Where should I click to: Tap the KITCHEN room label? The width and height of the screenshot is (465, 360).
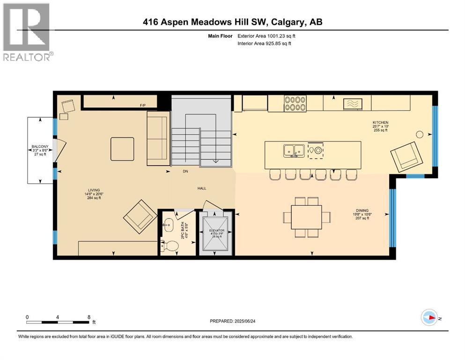[x=380, y=122]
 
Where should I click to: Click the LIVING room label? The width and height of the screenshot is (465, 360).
[x=94, y=190]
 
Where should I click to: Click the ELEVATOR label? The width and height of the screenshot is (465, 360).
[x=216, y=231]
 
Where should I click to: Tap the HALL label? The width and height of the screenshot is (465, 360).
[x=202, y=188]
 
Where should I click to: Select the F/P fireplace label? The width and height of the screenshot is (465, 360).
[x=143, y=106]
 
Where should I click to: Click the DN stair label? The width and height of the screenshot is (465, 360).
[x=185, y=172]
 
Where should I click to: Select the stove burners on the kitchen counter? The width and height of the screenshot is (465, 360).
[x=295, y=103]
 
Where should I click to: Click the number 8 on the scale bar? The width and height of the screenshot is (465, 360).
[x=89, y=317]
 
